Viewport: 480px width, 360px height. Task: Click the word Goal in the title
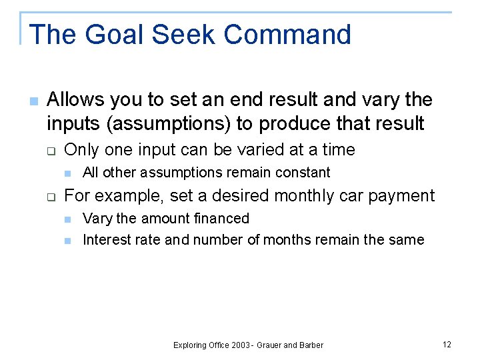pyautogui.click(x=105, y=35)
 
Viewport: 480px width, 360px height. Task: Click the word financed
pyautogui.click(x=221, y=219)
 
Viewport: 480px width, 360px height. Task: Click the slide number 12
pyautogui.click(x=447, y=344)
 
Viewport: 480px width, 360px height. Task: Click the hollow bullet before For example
pyautogui.click(x=50, y=197)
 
